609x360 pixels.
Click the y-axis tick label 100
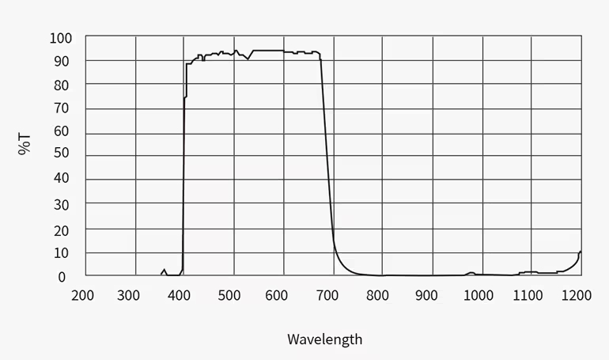[x=61, y=37]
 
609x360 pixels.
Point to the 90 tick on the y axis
[x=61, y=61]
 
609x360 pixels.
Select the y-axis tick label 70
[x=61, y=108]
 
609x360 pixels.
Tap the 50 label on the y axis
[x=61, y=153]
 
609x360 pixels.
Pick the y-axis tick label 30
[x=61, y=205]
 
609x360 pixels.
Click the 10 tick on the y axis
[x=61, y=253]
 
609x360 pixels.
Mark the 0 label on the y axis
[x=61, y=277]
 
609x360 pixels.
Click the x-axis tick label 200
[x=82, y=295]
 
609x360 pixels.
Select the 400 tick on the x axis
[x=180, y=295]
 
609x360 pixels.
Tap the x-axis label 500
[x=229, y=295]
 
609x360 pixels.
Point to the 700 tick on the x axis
[x=328, y=295]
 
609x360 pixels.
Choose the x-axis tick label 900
[x=427, y=295]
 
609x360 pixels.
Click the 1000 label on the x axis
[x=477, y=295]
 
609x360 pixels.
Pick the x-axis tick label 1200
[x=576, y=295]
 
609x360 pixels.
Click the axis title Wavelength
[x=324, y=339]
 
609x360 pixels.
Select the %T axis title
[x=25, y=144]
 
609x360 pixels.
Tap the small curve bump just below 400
[x=164, y=271]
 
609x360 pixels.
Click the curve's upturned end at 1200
[x=580, y=252]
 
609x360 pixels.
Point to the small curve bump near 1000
[x=471, y=273]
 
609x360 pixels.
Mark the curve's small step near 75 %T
[x=185, y=97]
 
